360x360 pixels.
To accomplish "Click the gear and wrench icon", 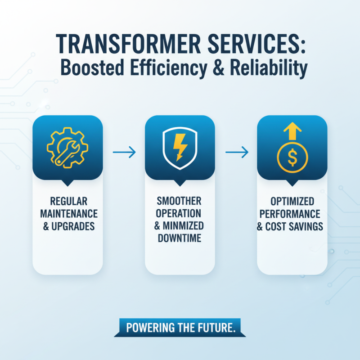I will [x=67, y=147].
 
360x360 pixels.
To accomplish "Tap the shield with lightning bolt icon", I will [x=180, y=147].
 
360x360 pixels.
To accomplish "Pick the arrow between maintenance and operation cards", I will [x=124, y=153].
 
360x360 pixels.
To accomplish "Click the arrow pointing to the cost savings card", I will [x=236, y=153].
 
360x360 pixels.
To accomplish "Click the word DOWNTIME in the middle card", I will [x=180, y=238].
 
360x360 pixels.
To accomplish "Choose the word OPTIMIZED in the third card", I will [x=292, y=200].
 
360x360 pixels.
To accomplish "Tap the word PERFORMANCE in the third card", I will [x=292, y=213].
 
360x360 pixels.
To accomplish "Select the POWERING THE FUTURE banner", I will [x=180, y=328].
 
